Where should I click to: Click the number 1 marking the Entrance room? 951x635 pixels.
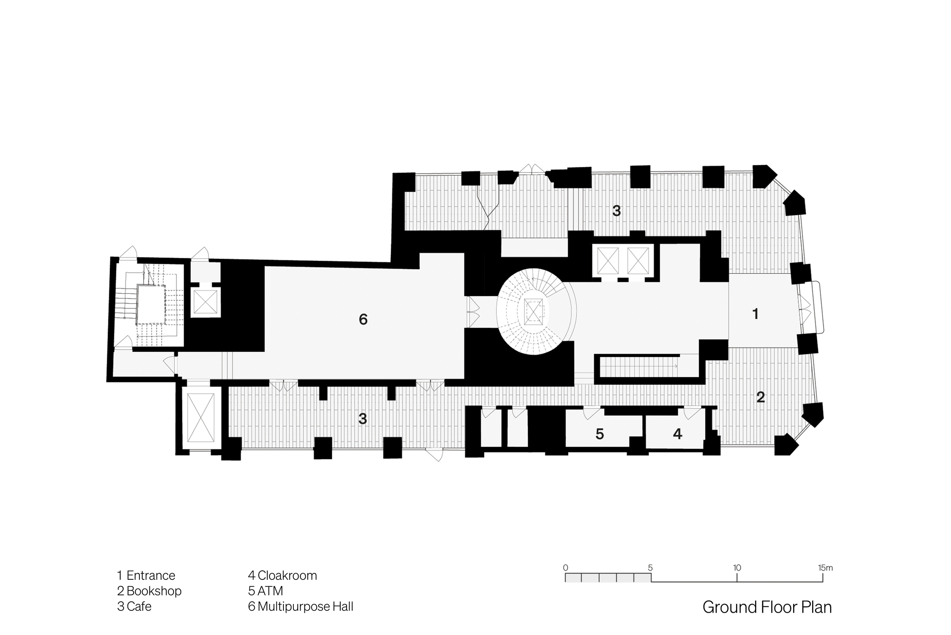[x=755, y=314]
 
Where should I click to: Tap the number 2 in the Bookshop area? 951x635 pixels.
[x=760, y=397]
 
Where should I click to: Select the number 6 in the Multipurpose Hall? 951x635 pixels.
[x=363, y=319]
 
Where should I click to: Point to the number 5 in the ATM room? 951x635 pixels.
[x=600, y=434]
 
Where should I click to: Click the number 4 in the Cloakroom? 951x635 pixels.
[x=678, y=434]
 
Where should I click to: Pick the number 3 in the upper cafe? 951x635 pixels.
[x=617, y=211]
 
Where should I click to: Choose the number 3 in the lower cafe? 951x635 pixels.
[x=363, y=419]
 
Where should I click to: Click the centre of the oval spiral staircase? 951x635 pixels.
[x=534, y=312]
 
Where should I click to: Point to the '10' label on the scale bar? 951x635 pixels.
[x=737, y=567]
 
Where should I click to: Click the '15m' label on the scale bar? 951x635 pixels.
[x=825, y=567]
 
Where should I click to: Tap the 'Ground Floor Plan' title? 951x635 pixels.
[x=767, y=607]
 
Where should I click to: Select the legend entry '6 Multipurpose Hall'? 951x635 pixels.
[x=301, y=607]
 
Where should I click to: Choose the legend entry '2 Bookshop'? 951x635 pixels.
[x=149, y=591]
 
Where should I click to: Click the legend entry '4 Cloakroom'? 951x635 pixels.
[x=282, y=575]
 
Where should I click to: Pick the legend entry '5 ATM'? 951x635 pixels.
[x=265, y=591]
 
